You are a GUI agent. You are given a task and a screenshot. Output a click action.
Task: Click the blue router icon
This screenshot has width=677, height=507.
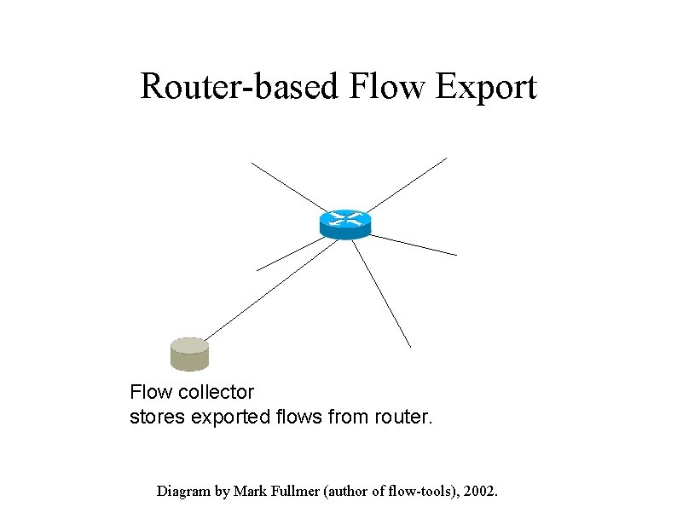point(345,224)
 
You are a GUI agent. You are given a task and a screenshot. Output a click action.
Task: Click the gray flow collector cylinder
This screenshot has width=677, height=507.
point(189,354)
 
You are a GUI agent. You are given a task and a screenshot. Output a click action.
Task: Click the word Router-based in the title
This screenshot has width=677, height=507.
point(240,87)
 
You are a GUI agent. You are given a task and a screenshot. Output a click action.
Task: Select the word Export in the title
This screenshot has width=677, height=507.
point(486,87)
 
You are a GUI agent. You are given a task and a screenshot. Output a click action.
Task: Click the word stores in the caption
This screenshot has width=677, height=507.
point(154,418)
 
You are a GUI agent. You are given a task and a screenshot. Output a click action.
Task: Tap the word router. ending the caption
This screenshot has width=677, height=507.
point(404,418)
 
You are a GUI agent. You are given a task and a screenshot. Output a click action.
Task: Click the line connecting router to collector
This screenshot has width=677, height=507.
point(264,290)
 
